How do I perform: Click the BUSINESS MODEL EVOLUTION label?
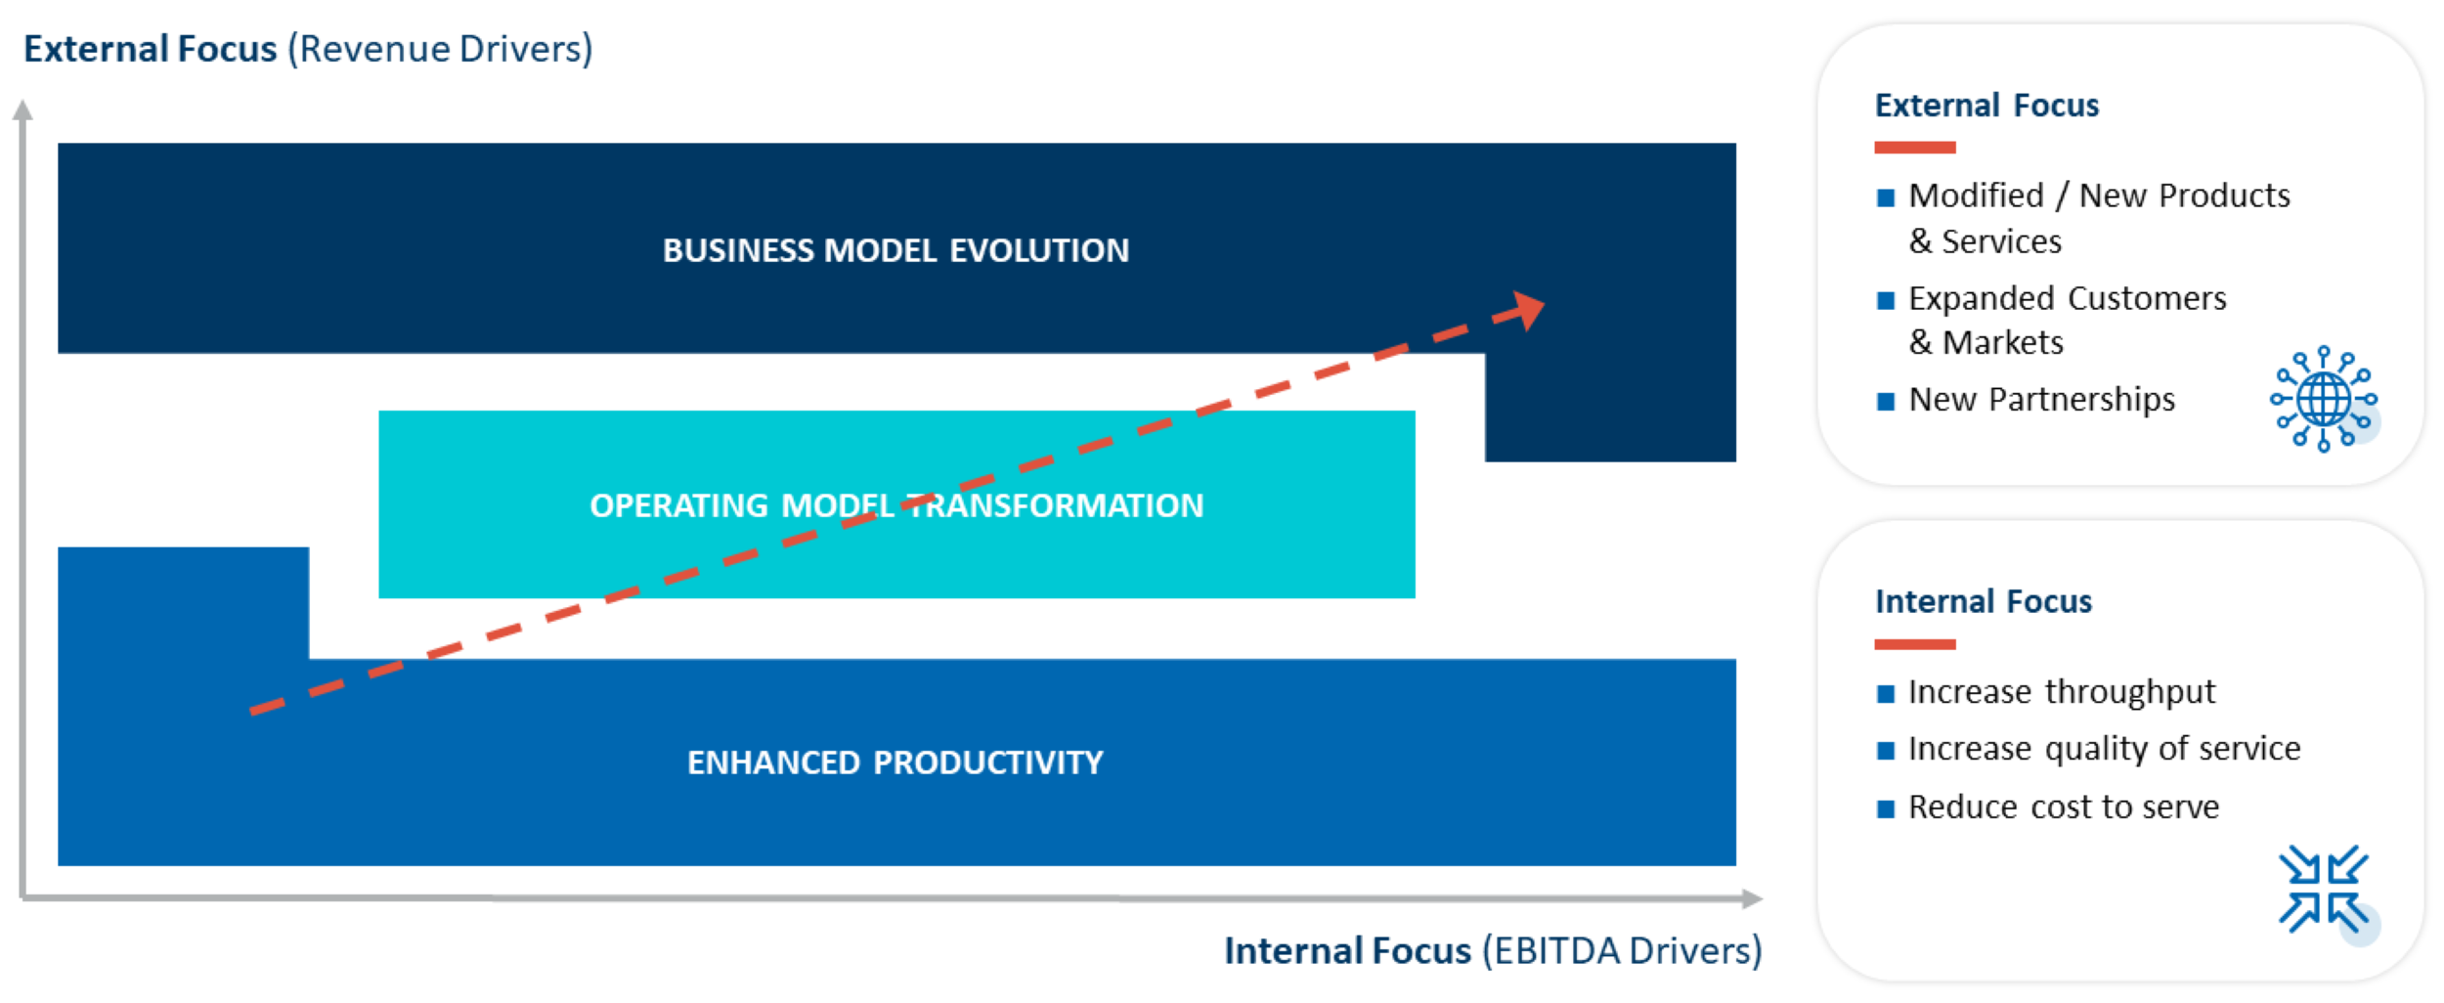coord(895,250)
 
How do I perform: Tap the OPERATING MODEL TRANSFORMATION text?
coord(895,505)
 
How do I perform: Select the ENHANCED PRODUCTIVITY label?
coord(895,763)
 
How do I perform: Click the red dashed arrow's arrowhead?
coord(1527,310)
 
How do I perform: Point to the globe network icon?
coord(2323,399)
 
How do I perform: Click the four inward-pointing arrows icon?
coord(2323,889)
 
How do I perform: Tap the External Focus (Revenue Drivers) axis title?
coord(308,49)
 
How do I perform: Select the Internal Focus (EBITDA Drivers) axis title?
coord(1492,950)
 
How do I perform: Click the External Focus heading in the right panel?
coord(1986,106)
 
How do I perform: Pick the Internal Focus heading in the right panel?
coord(1983,601)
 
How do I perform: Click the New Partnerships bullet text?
coord(2041,400)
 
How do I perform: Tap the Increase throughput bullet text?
coord(2061,692)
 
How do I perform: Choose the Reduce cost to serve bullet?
coord(2063,807)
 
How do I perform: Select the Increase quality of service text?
coord(2104,749)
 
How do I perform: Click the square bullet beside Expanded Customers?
coord(1886,300)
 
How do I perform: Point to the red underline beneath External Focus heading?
coord(1914,148)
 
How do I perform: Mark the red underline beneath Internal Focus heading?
coord(1914,644)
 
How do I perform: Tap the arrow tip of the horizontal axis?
coord(1754,898)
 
